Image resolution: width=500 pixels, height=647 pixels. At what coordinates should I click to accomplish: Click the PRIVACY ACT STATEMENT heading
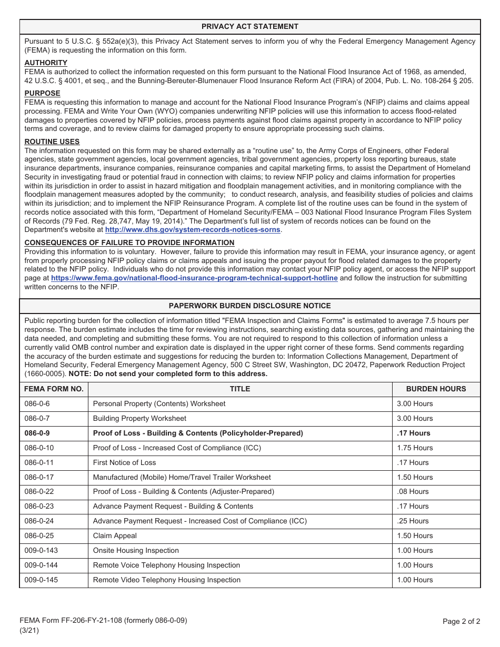[249, 26]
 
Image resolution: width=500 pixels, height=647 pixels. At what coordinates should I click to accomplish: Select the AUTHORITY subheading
[46, 63]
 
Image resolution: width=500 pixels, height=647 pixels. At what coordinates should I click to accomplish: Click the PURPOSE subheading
[42, 94]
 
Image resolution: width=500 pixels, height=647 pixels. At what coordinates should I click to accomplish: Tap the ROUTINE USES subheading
[52, 141]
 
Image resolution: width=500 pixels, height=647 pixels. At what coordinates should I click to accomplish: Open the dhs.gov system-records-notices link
[193, 230]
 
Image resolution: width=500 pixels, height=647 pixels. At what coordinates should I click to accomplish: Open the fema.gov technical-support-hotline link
[194, 278]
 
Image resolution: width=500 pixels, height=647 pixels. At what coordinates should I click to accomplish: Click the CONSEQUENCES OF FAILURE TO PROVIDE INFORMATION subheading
[129, 242]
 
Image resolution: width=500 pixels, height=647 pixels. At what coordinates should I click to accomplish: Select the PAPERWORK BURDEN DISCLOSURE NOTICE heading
[249, 306]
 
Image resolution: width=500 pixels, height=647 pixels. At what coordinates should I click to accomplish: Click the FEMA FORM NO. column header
[54, 389]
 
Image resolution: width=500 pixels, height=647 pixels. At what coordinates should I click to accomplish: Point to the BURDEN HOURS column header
[436, 389]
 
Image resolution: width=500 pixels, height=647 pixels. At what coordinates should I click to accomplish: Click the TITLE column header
[240, 389]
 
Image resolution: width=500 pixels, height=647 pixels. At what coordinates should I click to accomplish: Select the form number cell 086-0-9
[37, 433]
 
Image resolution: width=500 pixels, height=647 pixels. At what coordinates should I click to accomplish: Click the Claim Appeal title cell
[115, 536]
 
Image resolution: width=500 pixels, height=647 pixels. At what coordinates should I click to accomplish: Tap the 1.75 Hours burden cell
[415, 448]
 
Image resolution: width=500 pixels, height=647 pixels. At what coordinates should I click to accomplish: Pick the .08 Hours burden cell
[413, 492]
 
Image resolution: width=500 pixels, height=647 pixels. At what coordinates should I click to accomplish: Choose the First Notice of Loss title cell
[124, 463]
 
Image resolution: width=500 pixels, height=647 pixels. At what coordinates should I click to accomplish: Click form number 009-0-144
[41, 565]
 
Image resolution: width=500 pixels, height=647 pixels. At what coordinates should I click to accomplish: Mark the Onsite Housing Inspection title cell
[136, 551]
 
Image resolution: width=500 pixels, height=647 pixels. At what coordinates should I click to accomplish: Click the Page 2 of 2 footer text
[461, 621]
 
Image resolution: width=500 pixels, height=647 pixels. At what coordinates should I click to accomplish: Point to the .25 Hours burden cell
[413, 521]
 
